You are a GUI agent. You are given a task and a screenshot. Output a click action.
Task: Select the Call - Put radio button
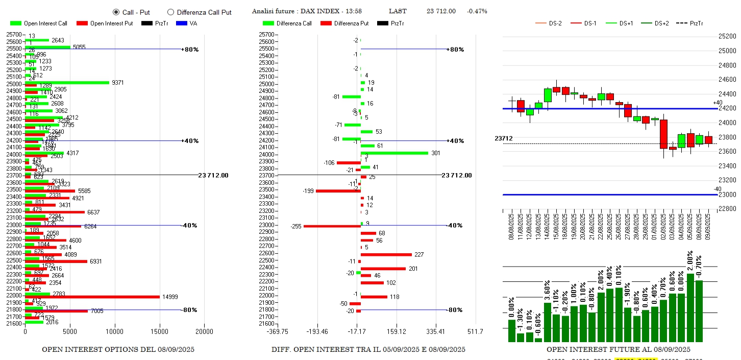(x=116, y=12)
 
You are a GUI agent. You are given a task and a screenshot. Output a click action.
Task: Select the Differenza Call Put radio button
(x=171, y=12)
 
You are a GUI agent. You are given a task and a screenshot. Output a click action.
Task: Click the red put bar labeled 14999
(x=92, y=297)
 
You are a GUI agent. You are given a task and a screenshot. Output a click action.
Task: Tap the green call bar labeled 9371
(x=67, y=82)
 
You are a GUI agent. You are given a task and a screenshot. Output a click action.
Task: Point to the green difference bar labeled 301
(x=394, y=153)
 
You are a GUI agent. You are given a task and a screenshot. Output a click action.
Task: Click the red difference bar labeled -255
(x=332, y=226)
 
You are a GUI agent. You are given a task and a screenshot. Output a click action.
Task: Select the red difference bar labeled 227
(x=386, y=254)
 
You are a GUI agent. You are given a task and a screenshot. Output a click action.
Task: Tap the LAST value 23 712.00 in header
(x=441, y=11)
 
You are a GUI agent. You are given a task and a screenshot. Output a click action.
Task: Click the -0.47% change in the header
(x=477, y=11)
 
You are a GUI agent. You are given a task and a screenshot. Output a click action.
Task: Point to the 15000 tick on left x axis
(x=159, y=331)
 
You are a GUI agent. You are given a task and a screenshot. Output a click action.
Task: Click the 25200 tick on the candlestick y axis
(x=726, y=36)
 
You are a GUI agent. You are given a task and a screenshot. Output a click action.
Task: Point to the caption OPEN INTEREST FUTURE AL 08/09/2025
(x=618, y=350)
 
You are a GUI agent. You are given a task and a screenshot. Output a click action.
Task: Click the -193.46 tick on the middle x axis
(x=317, y=332)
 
